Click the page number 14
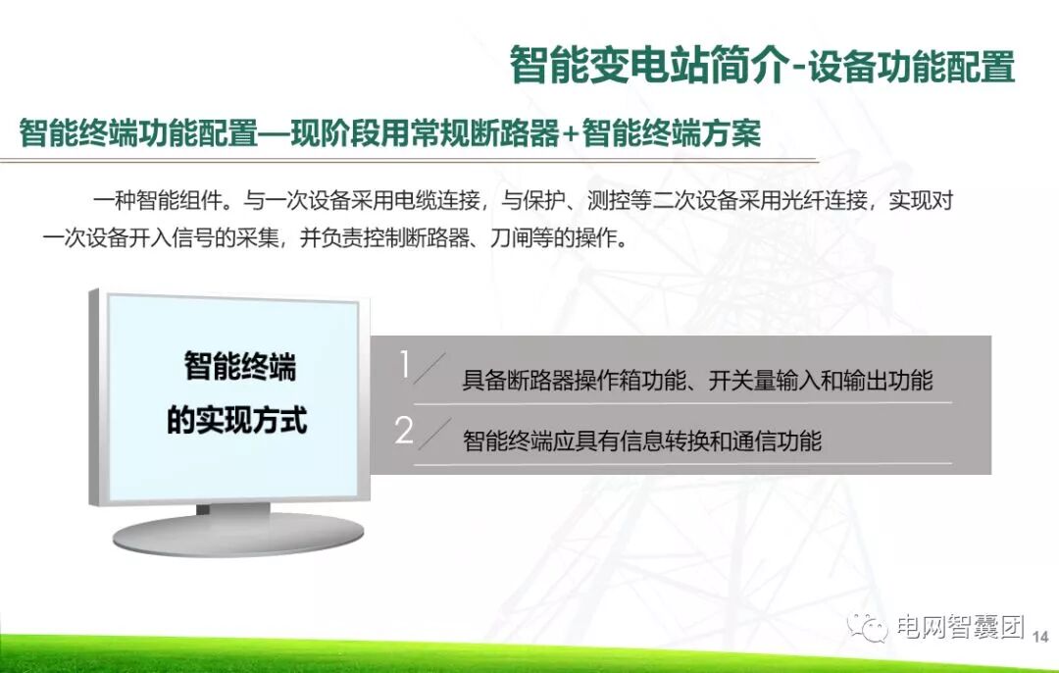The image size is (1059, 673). [1041, 637]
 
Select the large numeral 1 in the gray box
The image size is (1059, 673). [404, 366]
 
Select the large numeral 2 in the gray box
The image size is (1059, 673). [404, 431]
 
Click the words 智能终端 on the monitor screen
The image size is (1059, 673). [239, 367]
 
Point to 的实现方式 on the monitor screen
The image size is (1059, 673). [236, 420]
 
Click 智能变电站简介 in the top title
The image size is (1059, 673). [648, 67]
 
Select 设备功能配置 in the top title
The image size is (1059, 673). [911, 67]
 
